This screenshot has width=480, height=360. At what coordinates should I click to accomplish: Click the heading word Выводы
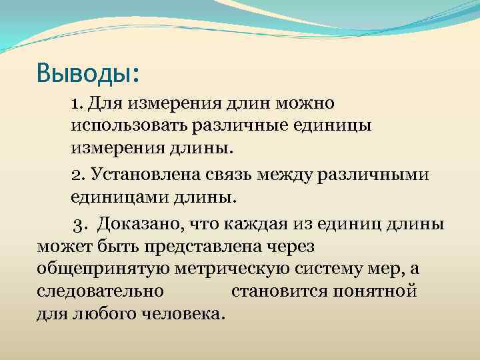[85, 71]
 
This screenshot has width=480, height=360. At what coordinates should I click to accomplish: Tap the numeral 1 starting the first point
[76, 103]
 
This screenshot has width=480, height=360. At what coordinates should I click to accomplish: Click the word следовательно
[100, 291]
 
